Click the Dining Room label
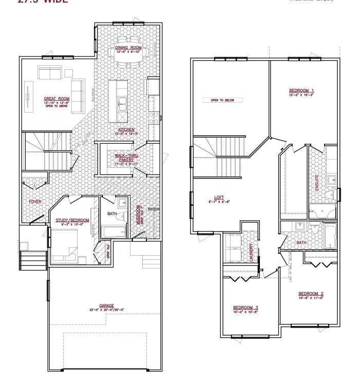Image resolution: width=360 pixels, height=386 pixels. [x=128, y=47]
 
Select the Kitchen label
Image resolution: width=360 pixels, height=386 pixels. [x=126, y=129]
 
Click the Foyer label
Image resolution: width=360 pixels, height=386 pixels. [x=35, y=202]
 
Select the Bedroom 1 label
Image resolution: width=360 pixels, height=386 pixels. [x=301, y=91]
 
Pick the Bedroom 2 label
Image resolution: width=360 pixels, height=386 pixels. [x=311, y=294]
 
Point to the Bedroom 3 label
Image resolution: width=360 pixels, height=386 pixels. [x=245, y=308]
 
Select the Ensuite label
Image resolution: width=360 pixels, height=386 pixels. [x=316, y=183]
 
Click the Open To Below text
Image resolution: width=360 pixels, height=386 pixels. [x=222, y=100]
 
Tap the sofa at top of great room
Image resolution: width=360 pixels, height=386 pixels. [x=49, y=73]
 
